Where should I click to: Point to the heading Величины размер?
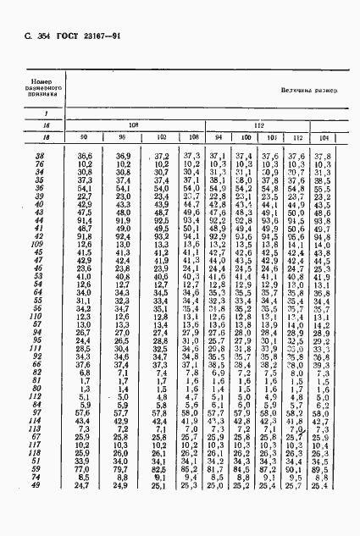click(309, 90)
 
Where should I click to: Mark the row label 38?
click(39, 156)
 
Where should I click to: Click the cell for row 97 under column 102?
click(159, 412)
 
